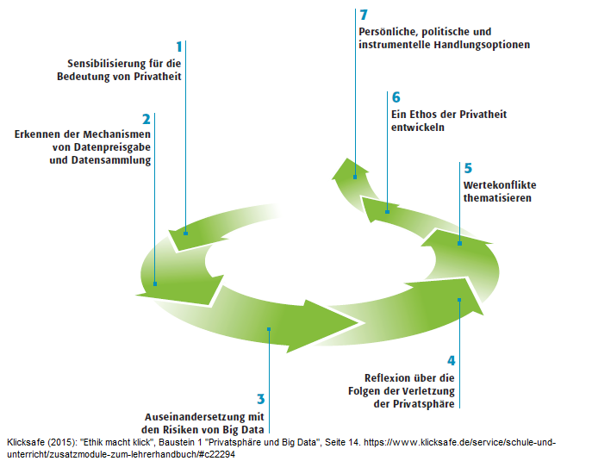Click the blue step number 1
pos(179,47)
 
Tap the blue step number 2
pos(146,119)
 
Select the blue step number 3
pos(260,399)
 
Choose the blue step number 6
pos(396,97)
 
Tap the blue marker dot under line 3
pos(270,328)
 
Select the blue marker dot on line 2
pos(155,283)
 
